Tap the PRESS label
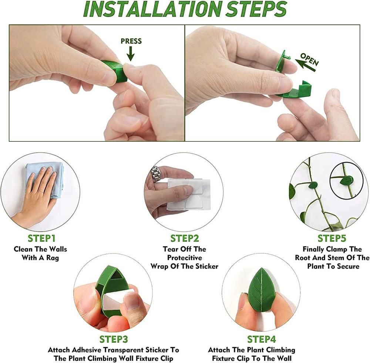(x=131, y=41)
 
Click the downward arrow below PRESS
(x=130, y=55)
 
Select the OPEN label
(x=309, y=59)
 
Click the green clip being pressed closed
(x=115, y=70)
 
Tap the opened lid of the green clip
(x=282, y=61)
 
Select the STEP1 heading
(x=41, y=238)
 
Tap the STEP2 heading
(x=185, y=238)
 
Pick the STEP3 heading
(x=113, y=339)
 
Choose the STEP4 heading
(x=261, y=339)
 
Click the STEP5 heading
(x=332, y=238)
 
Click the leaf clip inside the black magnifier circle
(x=347, y=181)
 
